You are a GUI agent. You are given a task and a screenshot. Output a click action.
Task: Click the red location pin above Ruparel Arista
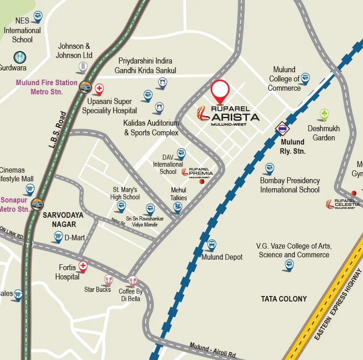tap(220, 90)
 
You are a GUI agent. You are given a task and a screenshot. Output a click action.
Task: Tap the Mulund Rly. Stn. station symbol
tap(282, 128)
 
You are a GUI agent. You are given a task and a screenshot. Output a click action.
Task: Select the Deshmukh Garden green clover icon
tap(324, 114)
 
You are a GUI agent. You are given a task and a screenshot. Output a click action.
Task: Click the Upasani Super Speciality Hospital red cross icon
tap(99, 88)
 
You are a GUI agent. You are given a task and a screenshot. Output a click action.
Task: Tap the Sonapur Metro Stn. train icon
tap(37, 203)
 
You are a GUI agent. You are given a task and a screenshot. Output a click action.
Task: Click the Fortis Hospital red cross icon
tap(83, 266)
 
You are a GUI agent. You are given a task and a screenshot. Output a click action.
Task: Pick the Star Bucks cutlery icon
tap(108, 279)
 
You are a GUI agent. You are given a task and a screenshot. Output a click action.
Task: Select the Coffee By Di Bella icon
tap(133, 280)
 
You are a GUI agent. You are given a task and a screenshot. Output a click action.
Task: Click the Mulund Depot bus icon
tap(212, 244)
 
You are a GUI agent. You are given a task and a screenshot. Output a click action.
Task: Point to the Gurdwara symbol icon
tap(20, 58)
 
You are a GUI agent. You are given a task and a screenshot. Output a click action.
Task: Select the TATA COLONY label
tap(284, 299)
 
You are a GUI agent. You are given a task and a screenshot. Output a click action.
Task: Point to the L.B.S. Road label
tap(57, 130)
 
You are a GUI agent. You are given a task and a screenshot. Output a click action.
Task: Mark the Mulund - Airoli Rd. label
tap(213, 350)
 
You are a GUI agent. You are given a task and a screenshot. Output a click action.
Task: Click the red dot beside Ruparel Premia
tap(201, 182)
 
